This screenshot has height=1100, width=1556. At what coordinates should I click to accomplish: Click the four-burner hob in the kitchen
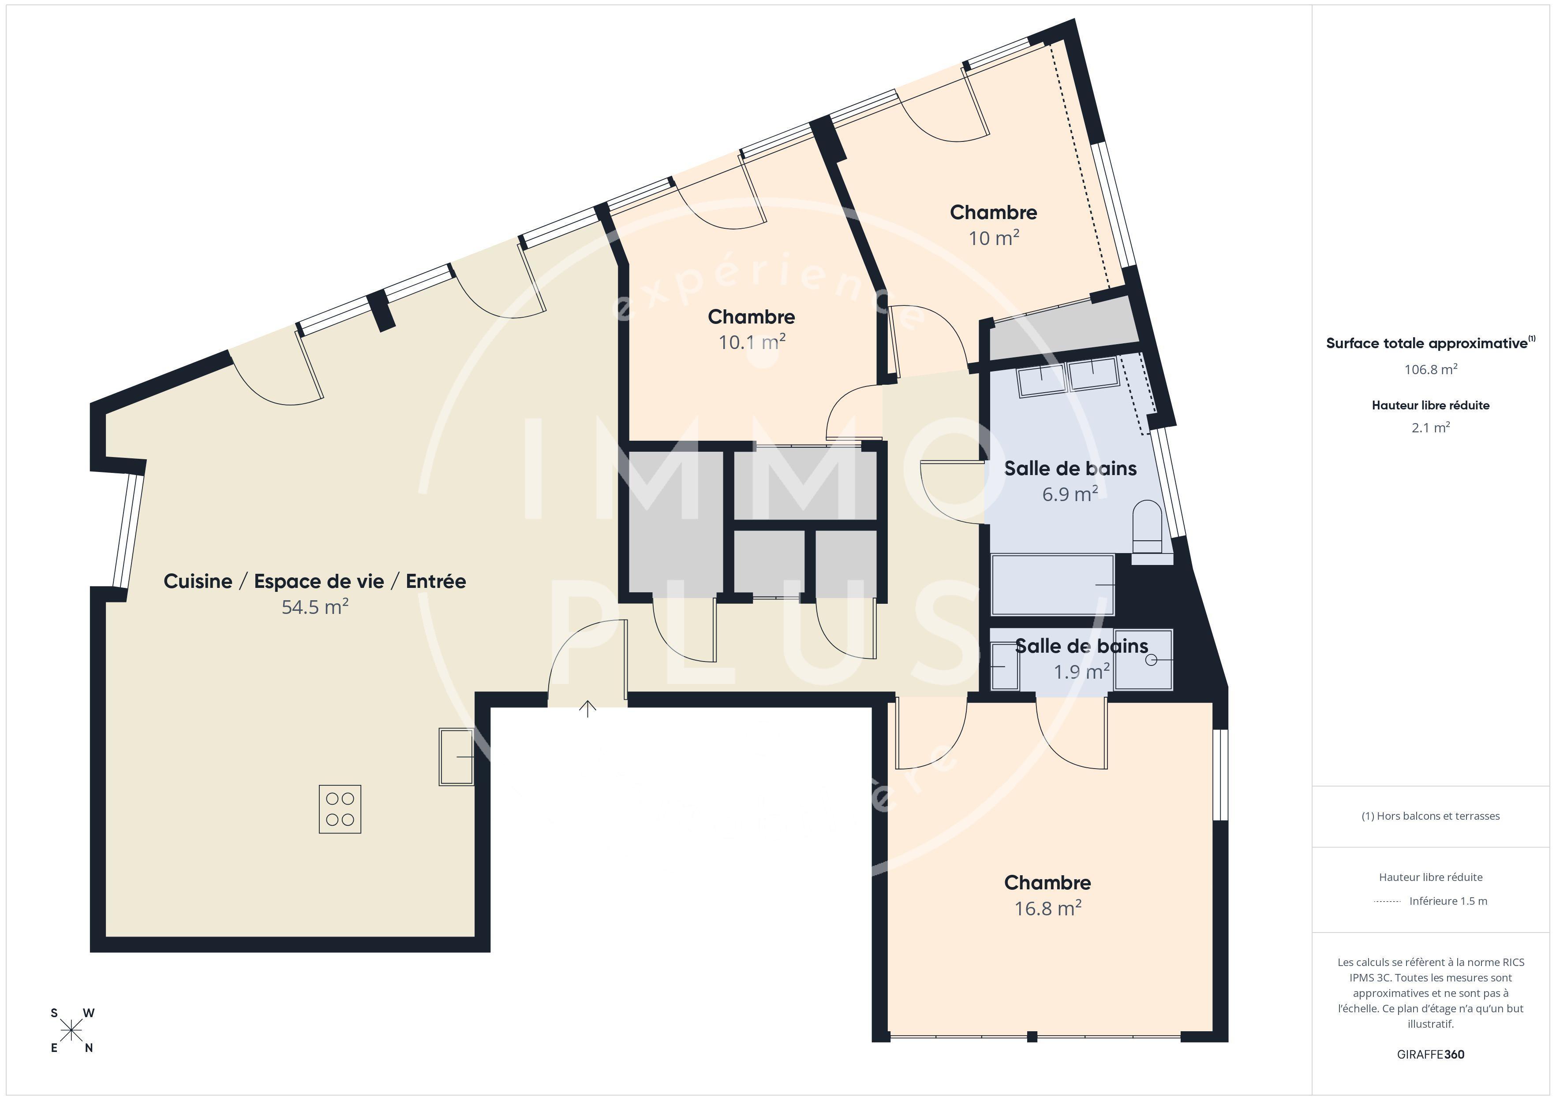340,809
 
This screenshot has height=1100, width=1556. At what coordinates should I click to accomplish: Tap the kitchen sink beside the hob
456,757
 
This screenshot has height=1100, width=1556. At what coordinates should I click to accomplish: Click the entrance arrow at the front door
587,709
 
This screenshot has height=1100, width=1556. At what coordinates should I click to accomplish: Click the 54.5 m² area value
315,607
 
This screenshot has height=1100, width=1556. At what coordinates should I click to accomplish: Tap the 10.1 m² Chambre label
751,317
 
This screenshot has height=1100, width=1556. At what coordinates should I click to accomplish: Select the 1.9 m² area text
1081,672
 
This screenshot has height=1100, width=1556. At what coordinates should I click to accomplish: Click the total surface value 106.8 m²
1430,370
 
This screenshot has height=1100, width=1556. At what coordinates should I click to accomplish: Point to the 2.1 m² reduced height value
1430,428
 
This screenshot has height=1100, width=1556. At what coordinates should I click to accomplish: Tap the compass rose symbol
71,1031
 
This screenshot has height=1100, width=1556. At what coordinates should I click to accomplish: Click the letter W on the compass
89,1013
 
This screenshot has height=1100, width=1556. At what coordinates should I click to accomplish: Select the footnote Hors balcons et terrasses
1430,816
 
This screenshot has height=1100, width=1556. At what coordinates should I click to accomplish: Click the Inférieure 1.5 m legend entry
1448,901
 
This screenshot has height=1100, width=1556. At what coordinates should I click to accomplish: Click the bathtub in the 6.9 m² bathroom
1052,584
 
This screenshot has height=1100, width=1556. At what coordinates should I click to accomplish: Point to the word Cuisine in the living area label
198,581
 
